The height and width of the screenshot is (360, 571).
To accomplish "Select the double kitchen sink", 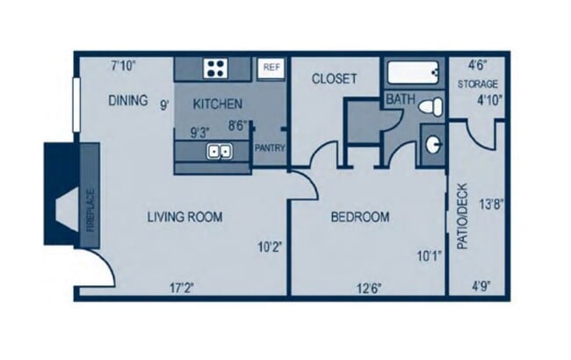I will (x=219, y=152).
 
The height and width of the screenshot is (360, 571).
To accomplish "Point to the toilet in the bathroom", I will (x=429, y=106).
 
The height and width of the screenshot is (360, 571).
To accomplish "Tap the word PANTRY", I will (x=270, y=148).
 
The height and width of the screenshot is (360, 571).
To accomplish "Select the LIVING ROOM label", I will (x=184, y=217).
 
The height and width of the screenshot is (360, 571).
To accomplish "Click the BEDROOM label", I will (x=359, y=217).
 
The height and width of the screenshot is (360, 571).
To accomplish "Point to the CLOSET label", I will (x=335, y=79).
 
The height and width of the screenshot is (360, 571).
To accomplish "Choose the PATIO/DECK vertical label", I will (x=462, y=216).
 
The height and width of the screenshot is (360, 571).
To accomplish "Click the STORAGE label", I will (x=478, y=84).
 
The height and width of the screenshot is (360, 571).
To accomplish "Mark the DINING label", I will (x=128, y=100).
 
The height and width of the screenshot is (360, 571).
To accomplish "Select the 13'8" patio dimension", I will (x=490, y=205).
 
